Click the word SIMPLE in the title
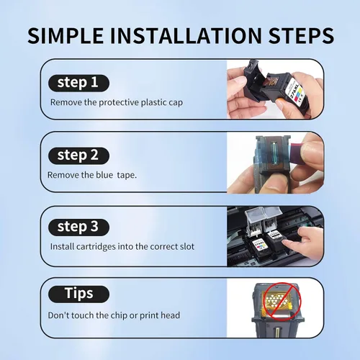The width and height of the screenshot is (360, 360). [66, 35]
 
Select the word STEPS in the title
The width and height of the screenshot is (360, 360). [301, 35]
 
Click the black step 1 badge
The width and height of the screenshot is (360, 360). [78, 83]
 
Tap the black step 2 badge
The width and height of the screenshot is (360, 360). [78, 156]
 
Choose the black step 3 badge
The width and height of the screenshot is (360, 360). [78, 227]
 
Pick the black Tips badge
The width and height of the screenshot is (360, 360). [78, 294]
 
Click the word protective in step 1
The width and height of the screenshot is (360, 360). [119, 103]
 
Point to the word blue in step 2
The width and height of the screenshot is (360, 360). [104, 175]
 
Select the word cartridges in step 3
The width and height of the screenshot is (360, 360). [96, 247]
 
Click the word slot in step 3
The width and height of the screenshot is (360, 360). [187, 247]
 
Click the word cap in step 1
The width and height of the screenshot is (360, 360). [176, 103]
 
